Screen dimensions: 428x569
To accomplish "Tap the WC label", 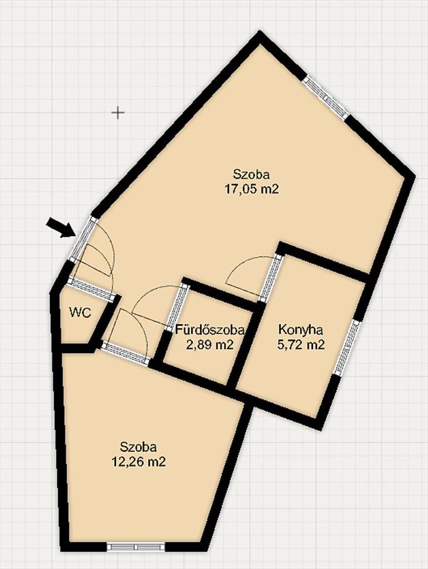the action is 81,312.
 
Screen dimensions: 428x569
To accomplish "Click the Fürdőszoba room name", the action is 209,330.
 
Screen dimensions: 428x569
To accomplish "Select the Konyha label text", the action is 301,329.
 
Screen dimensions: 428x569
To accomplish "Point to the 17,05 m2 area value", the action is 251,189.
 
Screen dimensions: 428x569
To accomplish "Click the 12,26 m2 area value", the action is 139,461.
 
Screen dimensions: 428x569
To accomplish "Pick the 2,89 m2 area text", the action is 209,345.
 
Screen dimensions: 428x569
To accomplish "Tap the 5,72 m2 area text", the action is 301,344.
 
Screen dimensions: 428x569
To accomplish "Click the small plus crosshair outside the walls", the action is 118,113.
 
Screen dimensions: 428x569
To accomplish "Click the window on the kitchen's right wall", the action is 346,348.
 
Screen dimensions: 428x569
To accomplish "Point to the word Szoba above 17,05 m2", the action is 251,174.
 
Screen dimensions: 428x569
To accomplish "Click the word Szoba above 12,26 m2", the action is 139,447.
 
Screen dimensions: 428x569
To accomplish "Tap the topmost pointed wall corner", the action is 260,31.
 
